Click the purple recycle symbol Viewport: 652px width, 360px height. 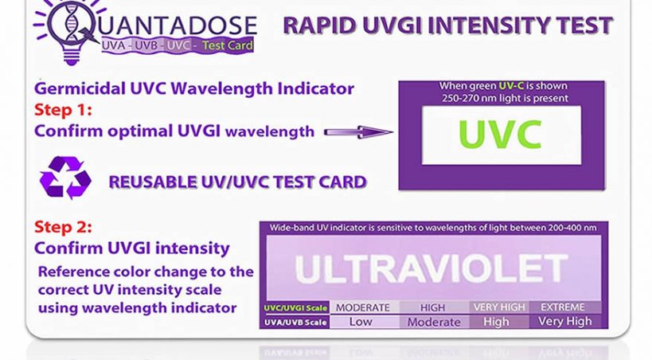tap(65, 178)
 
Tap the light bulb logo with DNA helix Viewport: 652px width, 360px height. tap(71, 30)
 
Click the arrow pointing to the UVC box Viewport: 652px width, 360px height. tap(358, 132)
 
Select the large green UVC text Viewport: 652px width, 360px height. tap(500, 135)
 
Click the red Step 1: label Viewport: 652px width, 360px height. tap(63, 110)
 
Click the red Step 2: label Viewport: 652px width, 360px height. tap(63, 227)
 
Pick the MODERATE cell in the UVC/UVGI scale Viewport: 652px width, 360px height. tap(363, 307)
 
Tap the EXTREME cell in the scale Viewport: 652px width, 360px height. tap(563, 307)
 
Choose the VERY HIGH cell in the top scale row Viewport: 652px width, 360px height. tap(499, 307)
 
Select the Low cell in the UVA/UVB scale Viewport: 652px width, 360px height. tap(361, 322)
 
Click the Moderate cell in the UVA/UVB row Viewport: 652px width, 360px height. tap(434, 322)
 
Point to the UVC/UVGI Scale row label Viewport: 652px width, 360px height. tap(295, 308)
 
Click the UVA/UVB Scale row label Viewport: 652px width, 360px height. tap(295, 322)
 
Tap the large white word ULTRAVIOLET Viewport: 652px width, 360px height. tap(431, 269)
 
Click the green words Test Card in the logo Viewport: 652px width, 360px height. tap(228, 45)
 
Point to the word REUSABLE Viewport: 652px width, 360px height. tap(153, 182)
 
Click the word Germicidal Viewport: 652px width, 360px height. tap(80, 88)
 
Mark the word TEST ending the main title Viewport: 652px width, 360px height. tap(584, 25)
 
